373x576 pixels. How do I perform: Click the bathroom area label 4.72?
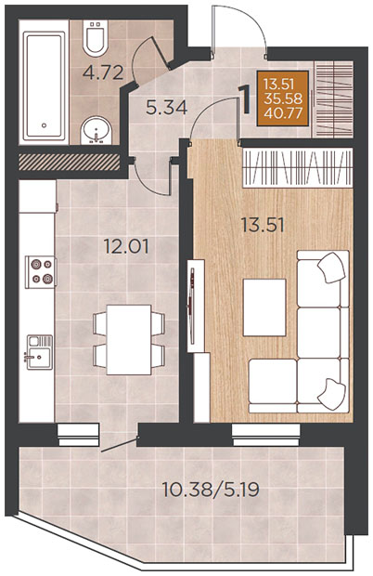click(x=103, y=72)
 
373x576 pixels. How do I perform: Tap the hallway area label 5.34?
click(x=166, y=108)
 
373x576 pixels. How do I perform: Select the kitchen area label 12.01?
click(x=126, y=246)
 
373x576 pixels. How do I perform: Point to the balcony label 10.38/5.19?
click(x=211, y=490)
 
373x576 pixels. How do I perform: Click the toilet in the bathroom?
click(x=96, y=37)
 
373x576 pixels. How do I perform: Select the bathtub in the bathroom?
click(x=44, y=86)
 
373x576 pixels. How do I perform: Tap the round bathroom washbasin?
click(x=96, y=130)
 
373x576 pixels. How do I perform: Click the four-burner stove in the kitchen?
click(x=41, y=272)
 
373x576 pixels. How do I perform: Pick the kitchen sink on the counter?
click(x=39, y=351)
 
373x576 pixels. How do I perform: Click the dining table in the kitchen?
click(x=129, y=339)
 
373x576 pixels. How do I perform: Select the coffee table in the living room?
click(x=264, y=308)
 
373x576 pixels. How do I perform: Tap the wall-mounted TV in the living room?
click(x=191, y=305)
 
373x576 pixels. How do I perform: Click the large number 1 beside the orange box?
click(x=245, y=99)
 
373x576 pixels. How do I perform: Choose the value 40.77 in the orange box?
click(x=283, y=112)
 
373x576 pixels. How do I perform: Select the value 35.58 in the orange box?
click(x=283, y=98)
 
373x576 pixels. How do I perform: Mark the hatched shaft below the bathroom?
click(x=70, y=162)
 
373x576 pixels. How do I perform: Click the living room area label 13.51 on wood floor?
click(x=263, y=225)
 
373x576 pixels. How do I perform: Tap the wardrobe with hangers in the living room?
click(x=298, y=167)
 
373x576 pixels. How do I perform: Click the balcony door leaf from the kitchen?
click(x=119, y=444)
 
